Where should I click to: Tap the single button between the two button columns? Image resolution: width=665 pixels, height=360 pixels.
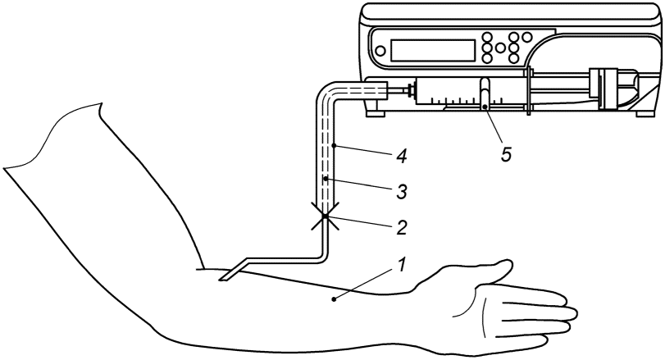pyautogui.click(x=500, y=48)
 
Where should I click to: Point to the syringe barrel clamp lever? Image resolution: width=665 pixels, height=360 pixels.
pyautogui.click(x=485, y=93)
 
